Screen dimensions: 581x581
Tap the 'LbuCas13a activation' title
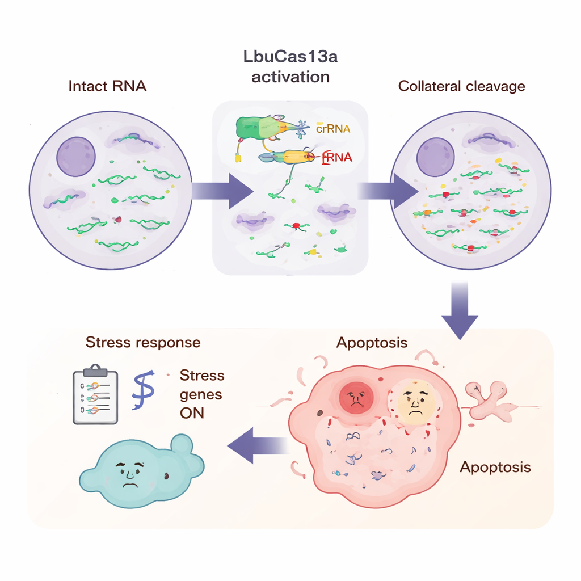[290, 66]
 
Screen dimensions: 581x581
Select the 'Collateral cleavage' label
[462, 86]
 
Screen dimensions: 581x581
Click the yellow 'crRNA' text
[332, 129]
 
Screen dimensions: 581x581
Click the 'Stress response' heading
[143, 342]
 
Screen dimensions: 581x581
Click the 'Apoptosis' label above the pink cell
[372, 343]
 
